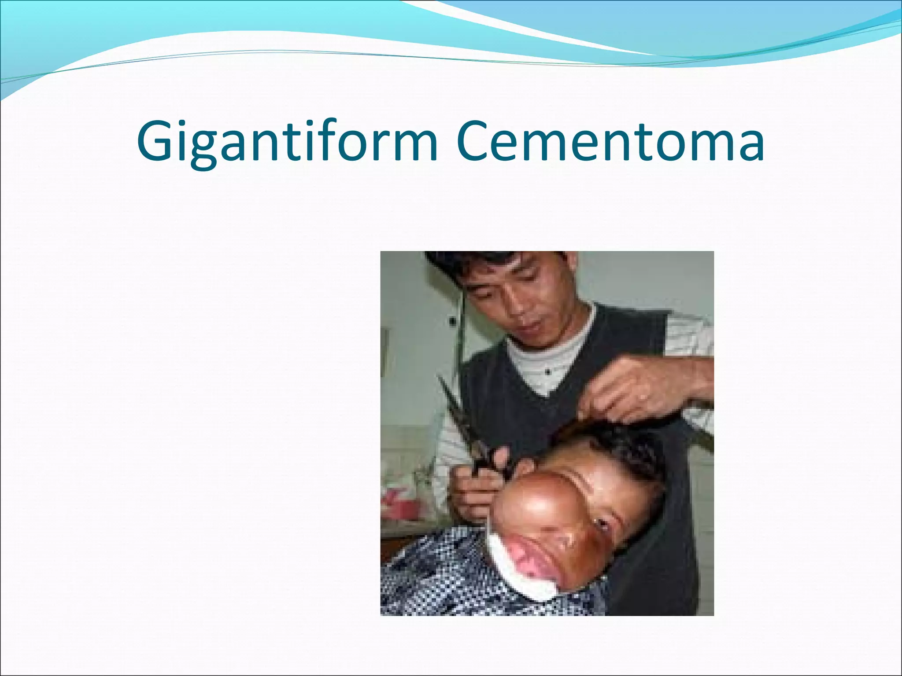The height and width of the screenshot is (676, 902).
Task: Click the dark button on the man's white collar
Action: coord(547,372)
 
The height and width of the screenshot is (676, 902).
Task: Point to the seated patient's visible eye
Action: coord(600,522)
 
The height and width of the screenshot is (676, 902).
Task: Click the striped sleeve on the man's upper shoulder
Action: coord(687,334)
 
